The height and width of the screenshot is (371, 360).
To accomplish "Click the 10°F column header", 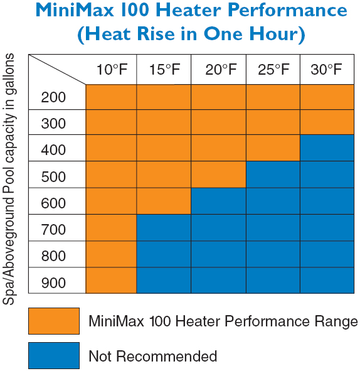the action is pos(112,70).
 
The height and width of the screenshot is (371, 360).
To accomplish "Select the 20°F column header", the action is pos(221,70).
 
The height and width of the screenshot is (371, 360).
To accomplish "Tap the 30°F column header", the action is pos(326,70).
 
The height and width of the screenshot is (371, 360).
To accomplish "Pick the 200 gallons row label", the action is pos(53,97).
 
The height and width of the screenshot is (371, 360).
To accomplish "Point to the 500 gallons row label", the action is pos(53,177).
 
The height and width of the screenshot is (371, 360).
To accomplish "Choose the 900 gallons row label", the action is pos(53,282).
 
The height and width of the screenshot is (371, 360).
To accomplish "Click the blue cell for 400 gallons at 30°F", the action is pos(327,148).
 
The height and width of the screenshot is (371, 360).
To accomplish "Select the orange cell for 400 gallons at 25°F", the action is pos(273,148).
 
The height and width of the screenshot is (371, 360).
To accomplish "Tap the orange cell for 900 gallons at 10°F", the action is pos(111,281).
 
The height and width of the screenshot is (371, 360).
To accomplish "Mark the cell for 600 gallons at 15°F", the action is pos(164,201).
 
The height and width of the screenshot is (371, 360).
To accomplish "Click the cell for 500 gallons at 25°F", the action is pos(273,175).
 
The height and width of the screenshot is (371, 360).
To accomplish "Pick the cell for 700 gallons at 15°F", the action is pos(164,228).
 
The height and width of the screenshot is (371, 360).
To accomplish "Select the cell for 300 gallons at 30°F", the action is pos(327,122).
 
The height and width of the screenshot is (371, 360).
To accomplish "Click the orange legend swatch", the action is pos(54,321).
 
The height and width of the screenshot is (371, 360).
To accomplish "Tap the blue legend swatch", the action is pos(54,356).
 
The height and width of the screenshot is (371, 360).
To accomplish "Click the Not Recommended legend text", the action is pos(152,356).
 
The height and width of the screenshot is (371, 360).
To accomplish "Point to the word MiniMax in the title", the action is pos(75,11).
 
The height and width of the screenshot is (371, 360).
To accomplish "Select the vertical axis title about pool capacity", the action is pos(9,179).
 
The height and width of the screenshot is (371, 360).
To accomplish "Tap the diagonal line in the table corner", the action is pos(57,70).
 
